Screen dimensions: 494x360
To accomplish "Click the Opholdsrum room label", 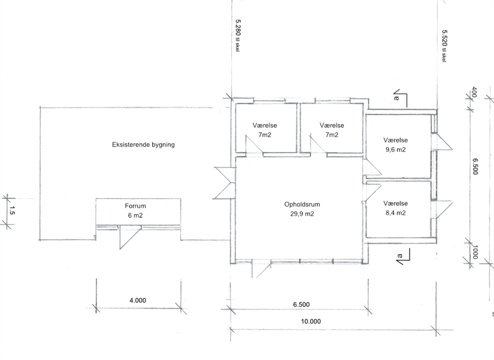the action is coord(302,204).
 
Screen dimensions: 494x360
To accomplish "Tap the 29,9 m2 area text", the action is coord(302,214).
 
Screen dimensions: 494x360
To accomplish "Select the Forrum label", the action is coord(135,206).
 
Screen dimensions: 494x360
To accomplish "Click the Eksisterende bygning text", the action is coord(143,144).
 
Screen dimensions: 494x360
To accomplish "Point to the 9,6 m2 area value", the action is coord(395,150).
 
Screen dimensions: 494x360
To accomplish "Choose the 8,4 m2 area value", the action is coord(395,213).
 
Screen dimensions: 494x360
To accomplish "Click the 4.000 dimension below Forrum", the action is coord(138,301).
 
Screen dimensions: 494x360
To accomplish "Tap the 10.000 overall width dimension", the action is coord(311,321).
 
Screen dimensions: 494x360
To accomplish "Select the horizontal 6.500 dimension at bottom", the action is coord(301,305).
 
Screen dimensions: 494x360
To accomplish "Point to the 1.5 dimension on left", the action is coord(12,210).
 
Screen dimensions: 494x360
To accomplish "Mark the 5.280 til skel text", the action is coord(238,36).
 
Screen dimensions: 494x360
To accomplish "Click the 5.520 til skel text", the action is coord(444,46).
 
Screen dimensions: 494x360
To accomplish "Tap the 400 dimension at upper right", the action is coord(474,93).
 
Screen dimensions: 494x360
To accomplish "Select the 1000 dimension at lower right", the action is coord(475,252).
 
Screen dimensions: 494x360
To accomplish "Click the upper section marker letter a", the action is coord(397,98).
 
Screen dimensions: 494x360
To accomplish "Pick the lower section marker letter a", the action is coord(400,256).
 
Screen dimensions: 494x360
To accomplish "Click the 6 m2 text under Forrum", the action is coord(135,216).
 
